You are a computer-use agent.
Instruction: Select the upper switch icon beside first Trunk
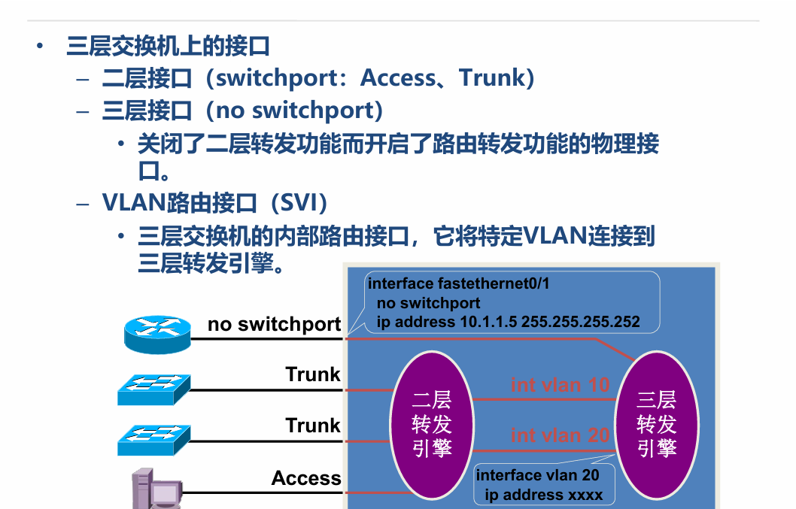pyautogui.click(x=152, y=389)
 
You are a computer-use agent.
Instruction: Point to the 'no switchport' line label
pyautogui.click(x=274, y=324)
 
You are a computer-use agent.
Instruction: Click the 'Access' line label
pyautogui.click(x=306, y=478)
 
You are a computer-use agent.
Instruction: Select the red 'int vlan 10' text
pyautogui.click(x=560, y=385)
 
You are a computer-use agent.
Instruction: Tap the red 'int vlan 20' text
pyautogui.click(x=560, y=435)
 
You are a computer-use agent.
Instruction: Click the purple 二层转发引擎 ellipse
pyautogui.click(x=431, y=425)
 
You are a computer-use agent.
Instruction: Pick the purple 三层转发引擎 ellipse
pyautogui.click(x=656, y=425)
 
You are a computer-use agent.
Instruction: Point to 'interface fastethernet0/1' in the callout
pyautogui.click(x=458, y=284)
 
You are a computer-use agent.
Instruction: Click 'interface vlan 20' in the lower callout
pyautogui.click(x=537, y=475)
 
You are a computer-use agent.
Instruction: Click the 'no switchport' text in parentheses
pyautogui.click(x=295, y=111)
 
